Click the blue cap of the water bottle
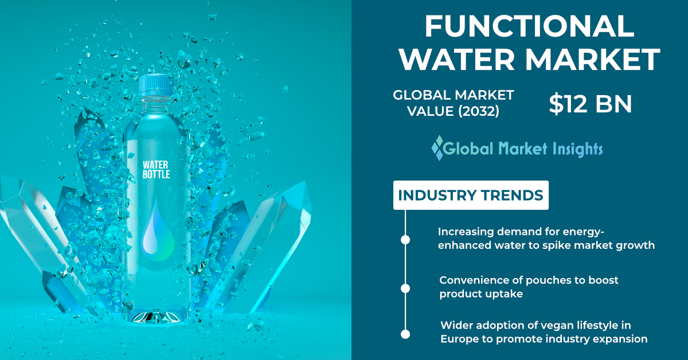pos(156,85)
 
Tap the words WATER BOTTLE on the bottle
pos(156,170)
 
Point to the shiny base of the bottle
pos(157,318)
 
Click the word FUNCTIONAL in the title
pos(529,26)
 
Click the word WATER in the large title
pos(457,59)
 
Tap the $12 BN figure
pos(590,104)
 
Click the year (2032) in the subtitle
pos(479,111)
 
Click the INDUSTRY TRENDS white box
pos(471,195)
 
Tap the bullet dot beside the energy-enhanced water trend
pos(405,240)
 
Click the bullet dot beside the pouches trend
pos(405,288)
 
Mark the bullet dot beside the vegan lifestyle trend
pos(405,334)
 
